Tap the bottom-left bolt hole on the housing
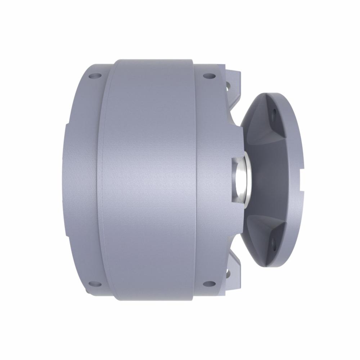tap(95, 284)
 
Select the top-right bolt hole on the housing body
tap(209, 76)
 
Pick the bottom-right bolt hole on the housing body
tap(209, 284)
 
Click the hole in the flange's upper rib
tap(274, 113)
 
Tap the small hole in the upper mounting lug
tap(228, 86)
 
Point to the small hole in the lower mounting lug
tap(228, 274)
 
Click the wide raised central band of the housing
tap(151, 180)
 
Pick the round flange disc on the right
tap(284, 180)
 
